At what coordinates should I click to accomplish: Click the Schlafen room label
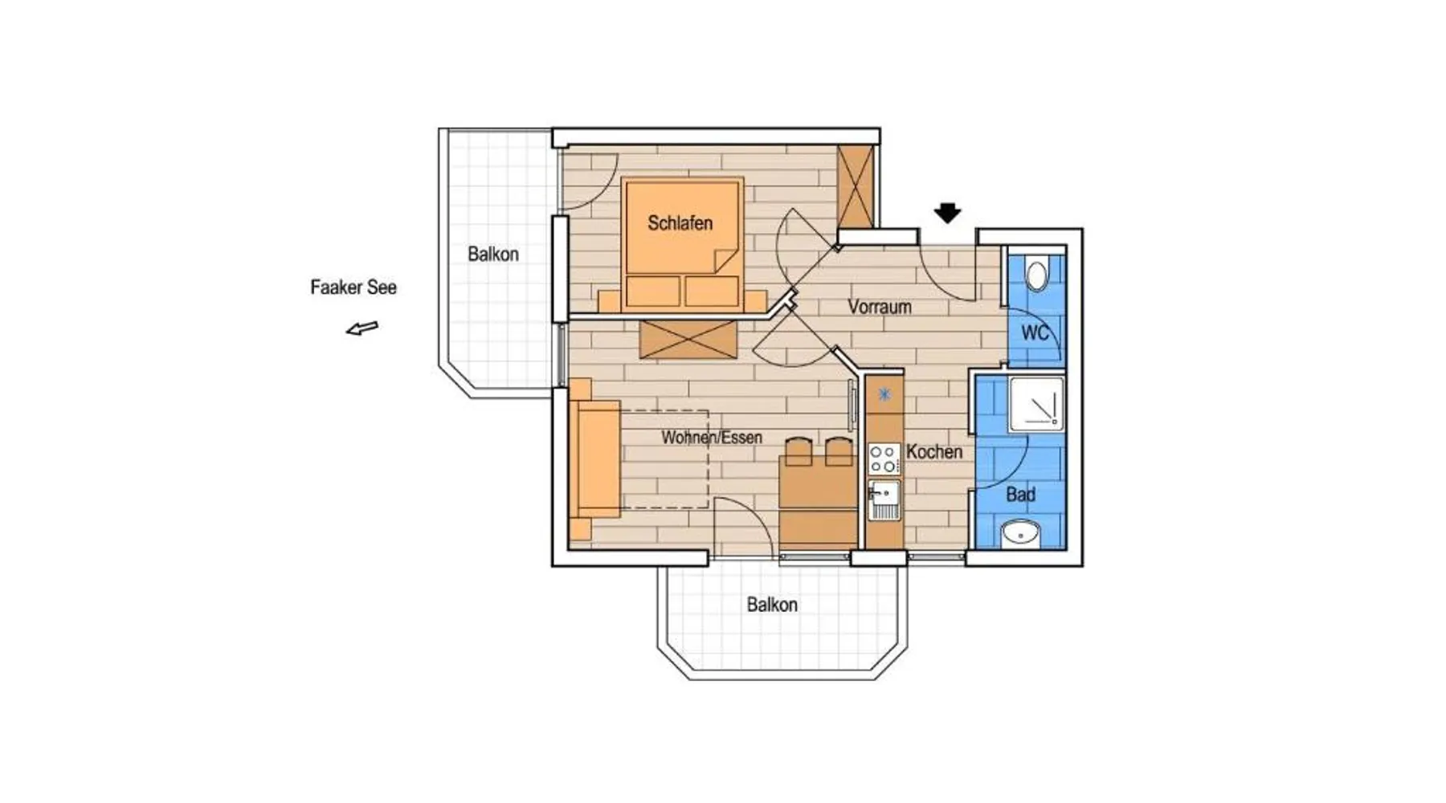coord(680,223)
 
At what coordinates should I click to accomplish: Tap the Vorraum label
coord(880,307)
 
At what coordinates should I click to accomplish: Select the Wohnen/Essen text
coord(712,438)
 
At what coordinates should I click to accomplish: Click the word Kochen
coord(934,452)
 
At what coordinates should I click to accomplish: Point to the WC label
coord(1035,332)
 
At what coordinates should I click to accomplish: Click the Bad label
coord(1021,495)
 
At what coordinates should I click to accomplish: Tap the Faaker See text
coord(353,287)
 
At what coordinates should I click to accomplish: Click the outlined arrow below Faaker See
coord(362,328)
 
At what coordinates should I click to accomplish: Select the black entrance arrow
coord(948,213)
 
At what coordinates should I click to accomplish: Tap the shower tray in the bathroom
coord(1036,402)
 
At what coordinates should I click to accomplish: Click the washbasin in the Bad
coord(1021,533)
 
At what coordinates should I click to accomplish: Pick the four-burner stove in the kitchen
coord(884,459)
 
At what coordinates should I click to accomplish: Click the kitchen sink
coord(884,500)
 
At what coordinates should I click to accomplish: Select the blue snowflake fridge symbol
coord(884,394)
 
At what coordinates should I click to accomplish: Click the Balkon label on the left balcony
coord(493,255)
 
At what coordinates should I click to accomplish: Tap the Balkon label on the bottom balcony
coord(772,605)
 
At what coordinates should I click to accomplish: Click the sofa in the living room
coord(594,459)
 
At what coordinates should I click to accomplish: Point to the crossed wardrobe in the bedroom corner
coord(855,186)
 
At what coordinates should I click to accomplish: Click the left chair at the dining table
coord(799,451)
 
